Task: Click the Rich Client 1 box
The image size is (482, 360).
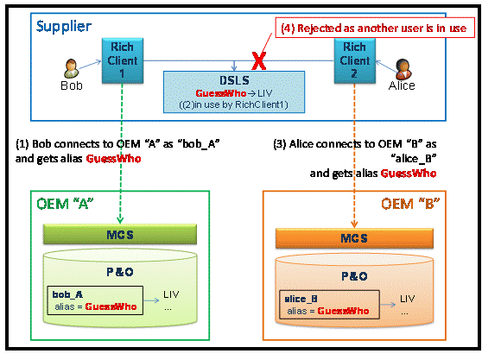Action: (x=123, y=60)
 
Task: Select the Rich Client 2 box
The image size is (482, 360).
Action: (x=355, y=60)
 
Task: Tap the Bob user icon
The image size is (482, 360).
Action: (x=72, y=68)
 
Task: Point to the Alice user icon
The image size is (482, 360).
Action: (x=403, y=69)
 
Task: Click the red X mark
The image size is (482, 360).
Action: (x=259, y=60)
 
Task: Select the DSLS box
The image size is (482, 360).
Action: (x=234, y=92)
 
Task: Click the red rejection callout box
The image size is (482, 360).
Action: (x=375, y=28)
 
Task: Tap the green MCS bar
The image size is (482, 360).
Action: (x=120, y=234)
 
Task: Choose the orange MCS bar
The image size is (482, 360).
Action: (x=354, y=238)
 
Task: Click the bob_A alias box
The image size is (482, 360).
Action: (x=95, y=300)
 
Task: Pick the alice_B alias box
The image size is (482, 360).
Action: (x=329, y=305)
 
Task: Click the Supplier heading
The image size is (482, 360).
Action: (x=64, y=27)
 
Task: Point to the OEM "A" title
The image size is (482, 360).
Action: (x=65, y=204)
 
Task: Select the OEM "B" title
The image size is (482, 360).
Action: (x=410, y=204)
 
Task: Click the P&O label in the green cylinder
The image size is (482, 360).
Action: (x=120, y=272)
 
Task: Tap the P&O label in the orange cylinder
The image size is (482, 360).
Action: (x=354, y=276)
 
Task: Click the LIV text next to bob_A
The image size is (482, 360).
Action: (x=171, y=294)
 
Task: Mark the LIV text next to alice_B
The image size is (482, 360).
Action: (x=408, y=298)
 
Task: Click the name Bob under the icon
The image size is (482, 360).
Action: (x=72, y=85)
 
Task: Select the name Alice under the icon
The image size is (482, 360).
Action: (x=402, y=85)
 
